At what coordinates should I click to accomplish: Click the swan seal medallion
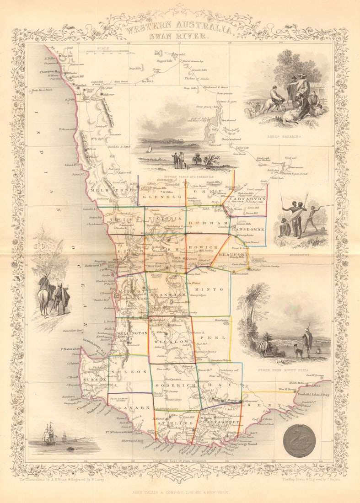point(299,441)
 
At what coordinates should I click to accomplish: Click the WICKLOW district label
point(172,342)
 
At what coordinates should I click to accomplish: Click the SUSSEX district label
point(95,380)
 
